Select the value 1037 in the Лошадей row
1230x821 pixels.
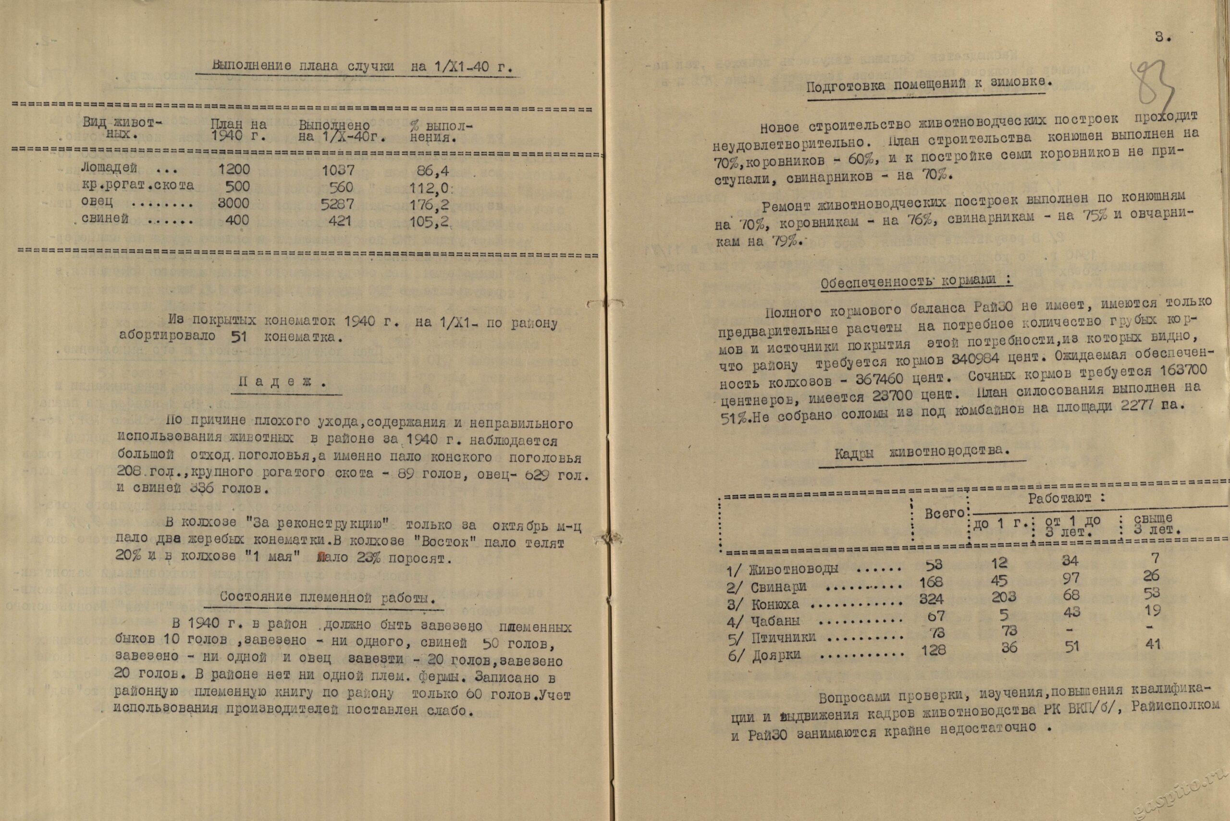(337, 170)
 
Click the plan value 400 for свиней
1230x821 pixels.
(237, 220)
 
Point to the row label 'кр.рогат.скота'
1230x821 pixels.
(138, 185)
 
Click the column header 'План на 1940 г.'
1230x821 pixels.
(238, 131)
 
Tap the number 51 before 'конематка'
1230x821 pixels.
(238, 337)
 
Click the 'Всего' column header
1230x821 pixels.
(944, 514)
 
